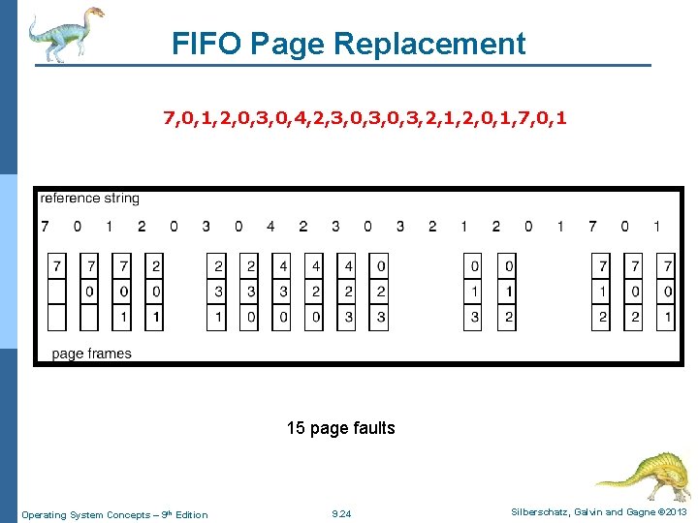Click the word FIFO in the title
pyautogui.click(x=206, y=45)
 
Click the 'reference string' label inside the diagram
pyautogui.click(x=89, y=199)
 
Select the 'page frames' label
pyautogui.click(x=91, y=354)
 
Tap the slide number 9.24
pyautogui.click(x=341, y=514)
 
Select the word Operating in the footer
pyautogui.click(x=46, y=514)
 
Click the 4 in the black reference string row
pyautogui.click(x=270, y=227)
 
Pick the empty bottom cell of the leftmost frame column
pyautogui.click(x=58, y=317)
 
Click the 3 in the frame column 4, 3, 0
pyautogui.click(x=282, y=292)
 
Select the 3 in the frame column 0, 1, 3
pyautogui.click(x=474, y=317)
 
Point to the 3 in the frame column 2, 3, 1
pyautogui.click(x=218, y=292)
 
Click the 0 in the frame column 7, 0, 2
pyautogui.click(x=633, y=292)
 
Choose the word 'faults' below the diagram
pyautogui.click(x=374, y=428)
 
